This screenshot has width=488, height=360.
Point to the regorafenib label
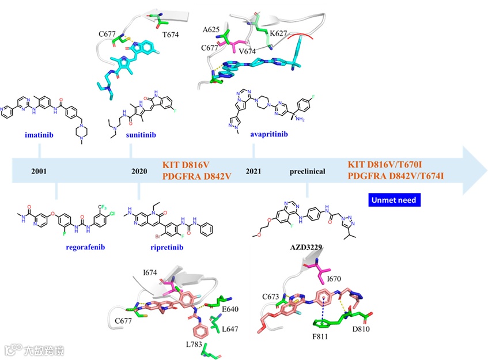pyautogui.click(x=85, y=248)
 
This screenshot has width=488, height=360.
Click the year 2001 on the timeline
pyautogui.click(x=39, y=171)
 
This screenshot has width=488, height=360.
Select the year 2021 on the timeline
pyautogui.click(x=254, y=171)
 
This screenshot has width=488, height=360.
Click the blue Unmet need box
pyautogui.click(x=394, y=200)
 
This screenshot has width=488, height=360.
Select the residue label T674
pyautogui.click(x=171, y=35)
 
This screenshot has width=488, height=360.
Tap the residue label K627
pyautogui.click(x=279, y=33)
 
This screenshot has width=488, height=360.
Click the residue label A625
pyautogui.click(x=211, y=29)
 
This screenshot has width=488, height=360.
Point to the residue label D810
pyautogui.click(x=357, y=330)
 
